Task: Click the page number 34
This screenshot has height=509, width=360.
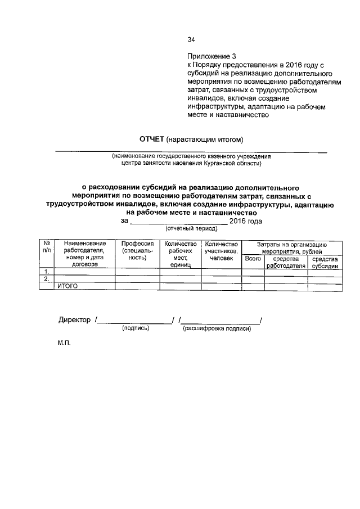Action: (191, 39)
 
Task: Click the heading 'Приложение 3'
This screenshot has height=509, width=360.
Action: (212, 57)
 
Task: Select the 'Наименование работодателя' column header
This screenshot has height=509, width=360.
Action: (84, 254)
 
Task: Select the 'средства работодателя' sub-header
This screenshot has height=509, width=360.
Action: (286, 262)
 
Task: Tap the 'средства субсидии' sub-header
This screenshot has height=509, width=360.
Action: (325, 262)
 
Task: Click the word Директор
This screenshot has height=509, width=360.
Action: (74, 320)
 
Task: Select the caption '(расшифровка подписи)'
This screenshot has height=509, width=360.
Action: (217, 328)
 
